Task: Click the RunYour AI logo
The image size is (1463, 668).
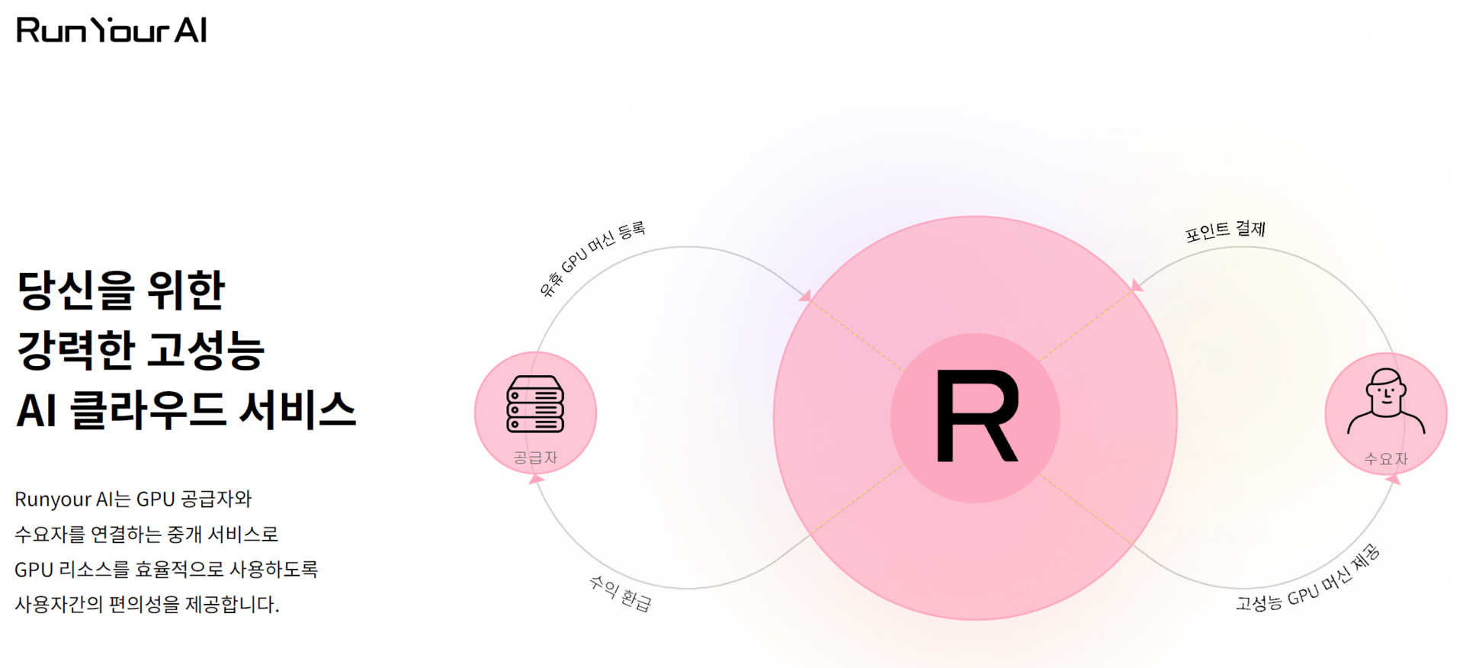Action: pos(111,30)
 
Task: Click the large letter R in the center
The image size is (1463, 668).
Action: pos(976,416)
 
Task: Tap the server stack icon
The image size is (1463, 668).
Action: pos(535,404)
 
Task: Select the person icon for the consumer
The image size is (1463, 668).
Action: pos(1385,402)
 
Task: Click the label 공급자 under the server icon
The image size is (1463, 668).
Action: pos(535,458)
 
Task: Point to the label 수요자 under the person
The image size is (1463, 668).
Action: pos(1385,459)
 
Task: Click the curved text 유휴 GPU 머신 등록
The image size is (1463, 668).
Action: pos(592,259)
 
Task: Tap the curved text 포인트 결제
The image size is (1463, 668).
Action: pos(1225,230)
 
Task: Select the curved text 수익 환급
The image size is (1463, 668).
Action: pos(621,593)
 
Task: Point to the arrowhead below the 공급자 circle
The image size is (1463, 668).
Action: pos(537,479)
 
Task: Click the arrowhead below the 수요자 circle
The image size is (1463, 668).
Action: pos(1393,480)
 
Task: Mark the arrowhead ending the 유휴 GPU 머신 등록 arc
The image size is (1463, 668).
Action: pos(806,295)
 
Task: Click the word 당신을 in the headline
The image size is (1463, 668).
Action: pos(75,291)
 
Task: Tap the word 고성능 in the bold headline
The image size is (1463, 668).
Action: pos(205,351)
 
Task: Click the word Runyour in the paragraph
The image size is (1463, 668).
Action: pos(53,499)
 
